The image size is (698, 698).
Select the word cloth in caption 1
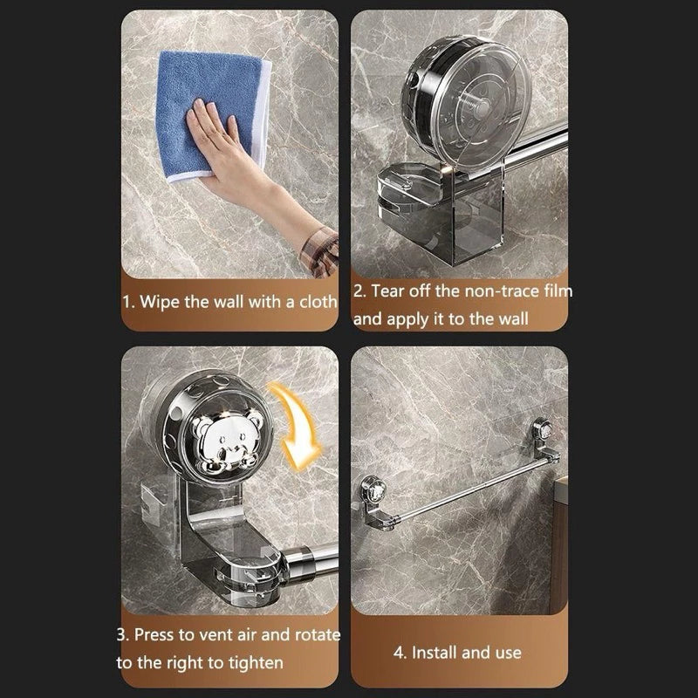(315, 302)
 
